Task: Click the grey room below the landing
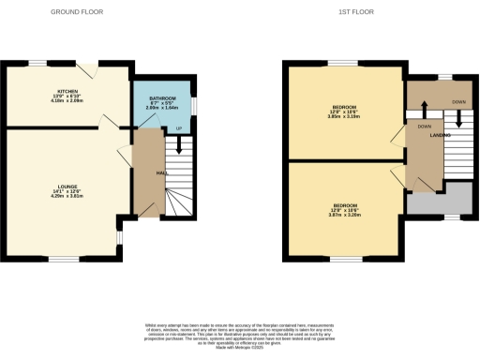439,200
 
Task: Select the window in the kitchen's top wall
37,63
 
